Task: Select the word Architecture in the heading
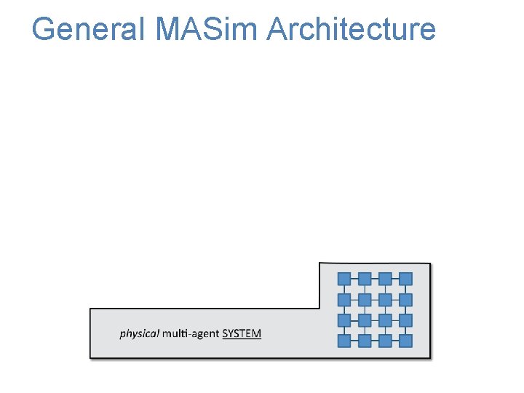(352, 30)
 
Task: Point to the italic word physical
(139, 334)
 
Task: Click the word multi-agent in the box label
(191, 334)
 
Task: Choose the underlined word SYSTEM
(242, 334)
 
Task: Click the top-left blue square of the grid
(344, 279)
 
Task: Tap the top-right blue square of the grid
(406, 279)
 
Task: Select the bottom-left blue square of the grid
(344, 341)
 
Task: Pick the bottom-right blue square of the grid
(406, 341)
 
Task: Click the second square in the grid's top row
(365, 279)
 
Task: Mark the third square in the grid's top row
(386, 279)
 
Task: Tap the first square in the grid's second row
(344, 299)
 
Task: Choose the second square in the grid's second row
(365, 299)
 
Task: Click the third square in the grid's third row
(386, 320)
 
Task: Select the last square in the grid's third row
(406, 320)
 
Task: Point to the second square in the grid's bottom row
(365, 341)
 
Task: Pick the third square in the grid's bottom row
(386, 341)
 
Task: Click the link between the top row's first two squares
(354, 279)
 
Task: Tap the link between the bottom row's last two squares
(396, 341)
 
